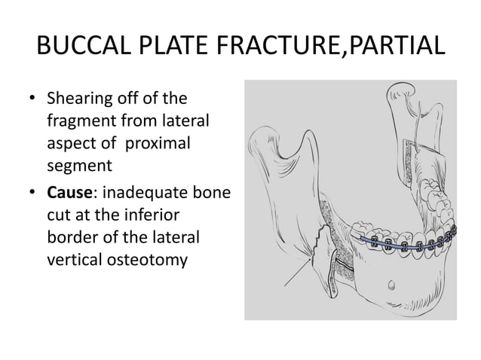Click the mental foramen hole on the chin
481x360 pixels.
click(390, 285)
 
